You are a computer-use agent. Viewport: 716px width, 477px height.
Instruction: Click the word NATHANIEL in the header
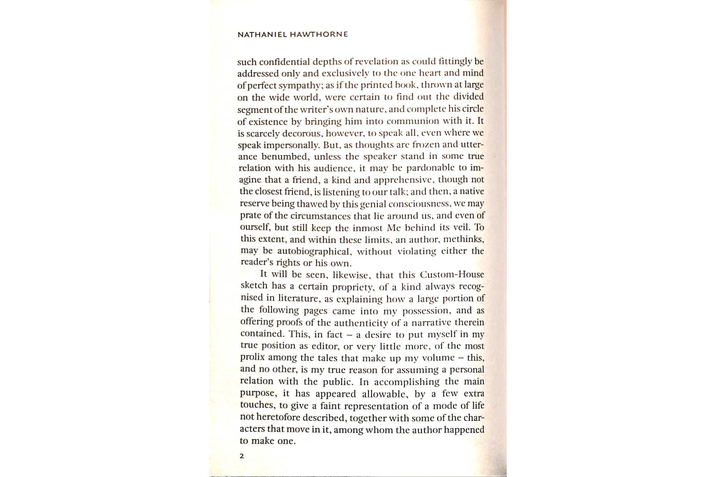(x=262, y=35)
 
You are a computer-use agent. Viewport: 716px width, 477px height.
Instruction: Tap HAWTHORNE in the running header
(x=319, y=35)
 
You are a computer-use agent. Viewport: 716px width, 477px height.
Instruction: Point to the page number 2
(x=242, y=456)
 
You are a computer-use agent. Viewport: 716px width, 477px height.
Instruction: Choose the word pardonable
(x=431, y=168)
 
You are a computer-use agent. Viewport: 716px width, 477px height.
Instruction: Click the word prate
(x=251, y=216)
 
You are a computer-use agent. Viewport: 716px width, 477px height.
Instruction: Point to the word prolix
(x=253, y=357)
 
